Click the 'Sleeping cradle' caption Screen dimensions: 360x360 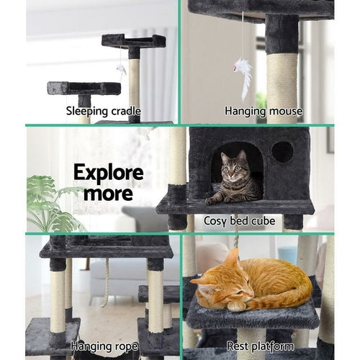tap(104, 111)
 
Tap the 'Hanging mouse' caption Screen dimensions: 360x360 tap(264, 111)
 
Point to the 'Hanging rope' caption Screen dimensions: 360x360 tap(103, 346)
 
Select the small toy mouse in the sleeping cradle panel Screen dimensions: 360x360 tap(122, 71)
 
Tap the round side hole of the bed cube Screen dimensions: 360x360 tap(282, 152)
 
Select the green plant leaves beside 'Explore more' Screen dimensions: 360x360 tap(50, 205)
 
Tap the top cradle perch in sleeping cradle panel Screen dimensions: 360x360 tap(134, 40)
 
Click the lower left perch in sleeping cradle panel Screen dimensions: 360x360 tap(84, 88)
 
